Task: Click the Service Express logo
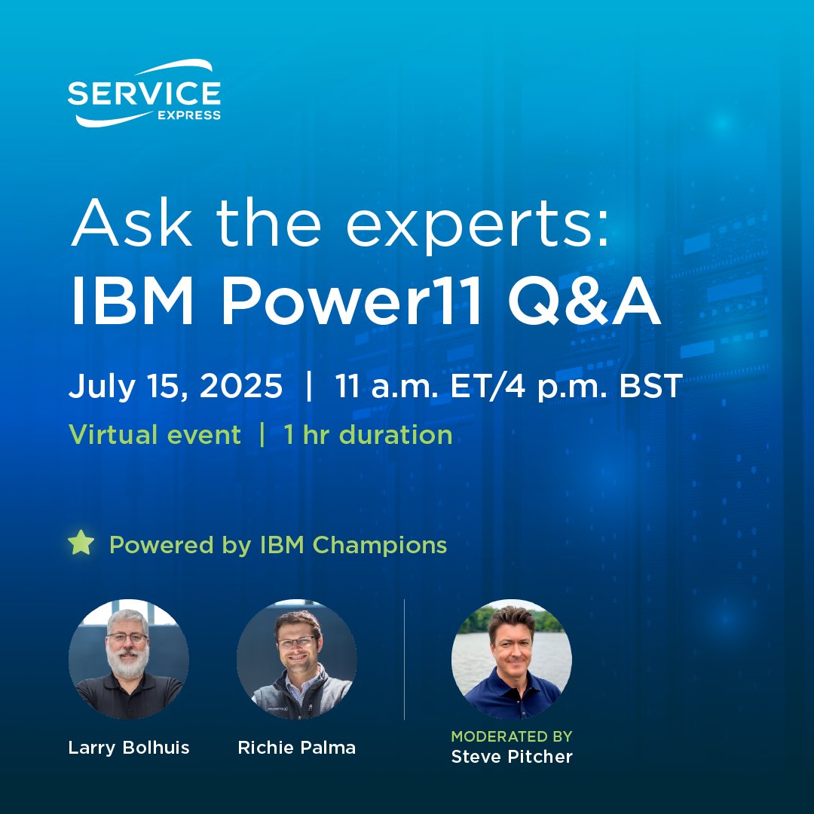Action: tap(144, 93)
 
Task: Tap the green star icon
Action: tap(80, 543)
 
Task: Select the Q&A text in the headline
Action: tap(583, 304)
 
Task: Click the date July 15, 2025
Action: tap(176, 387)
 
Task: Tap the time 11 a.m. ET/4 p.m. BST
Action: tap(509, 387)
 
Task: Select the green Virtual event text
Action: tap(155, 435)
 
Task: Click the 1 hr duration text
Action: tap(368, 435)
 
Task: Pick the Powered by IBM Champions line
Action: tap(277, 544)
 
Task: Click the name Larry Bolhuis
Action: tap(129, 748)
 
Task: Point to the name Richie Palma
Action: tap(296, 748)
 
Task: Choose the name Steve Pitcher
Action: tap(511, 756)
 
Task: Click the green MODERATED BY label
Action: tap(511, 736)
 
